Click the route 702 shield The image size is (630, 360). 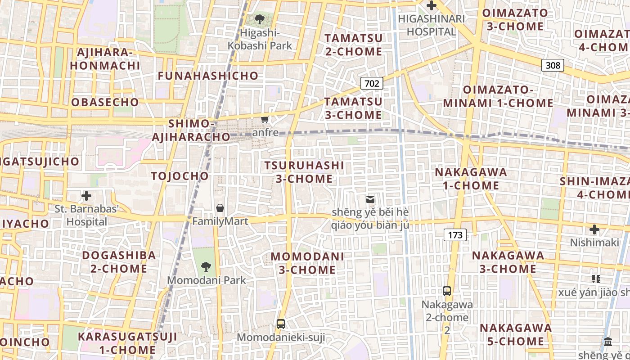pyautogui.click(x=372, y=83)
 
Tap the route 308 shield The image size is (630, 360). pyautogui.click(x=553, y=65)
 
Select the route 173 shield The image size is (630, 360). pyautogui.click(x=455, y=234)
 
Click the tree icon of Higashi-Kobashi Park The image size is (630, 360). pyautogui.click(x=259, y=19)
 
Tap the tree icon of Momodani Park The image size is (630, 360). pyautogui.click(x=206, y=267)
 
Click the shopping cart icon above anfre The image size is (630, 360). pyautogui.click(x=265, y=120)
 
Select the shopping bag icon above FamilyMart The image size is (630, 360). pyautogui.click(x=220, y=208)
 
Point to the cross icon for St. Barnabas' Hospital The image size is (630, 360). pyautogui.click(x=86, y=196)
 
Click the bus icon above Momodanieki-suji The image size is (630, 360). pyautogui.click(x=280, y=324)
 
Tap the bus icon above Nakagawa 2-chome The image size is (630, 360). pyautogui.click(x=447, y=291)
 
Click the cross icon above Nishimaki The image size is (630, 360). pyautogui.click(x=594, y=229)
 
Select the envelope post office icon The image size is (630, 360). pyautogui.click(x=370, y=199)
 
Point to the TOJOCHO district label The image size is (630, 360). pyautogui.click(x=180, y=176)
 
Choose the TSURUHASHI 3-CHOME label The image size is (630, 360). pyautogui.click(x=304, y=172)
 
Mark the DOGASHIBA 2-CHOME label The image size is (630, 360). pyautogui.click(x=119, y=262)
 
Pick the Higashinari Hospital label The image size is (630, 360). pyautogui.click(x=431, y=25)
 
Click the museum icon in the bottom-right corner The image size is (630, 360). pyautogui.click(x=608, y=342)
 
